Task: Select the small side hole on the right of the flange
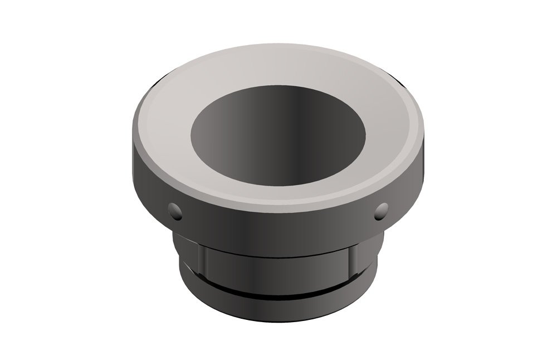[x=382, y=210]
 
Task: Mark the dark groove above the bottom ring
[x=278, y=290]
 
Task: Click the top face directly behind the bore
[x=278, y=72]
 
